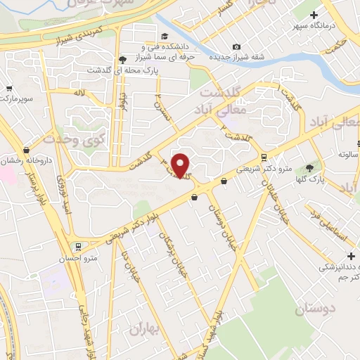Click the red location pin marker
(181, 165)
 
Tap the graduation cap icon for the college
(165, 37)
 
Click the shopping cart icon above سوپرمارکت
(9, 89)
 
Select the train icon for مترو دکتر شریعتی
(264, 157)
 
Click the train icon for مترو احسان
(79, 247)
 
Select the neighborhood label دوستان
(316, 309)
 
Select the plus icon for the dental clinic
(349, 257)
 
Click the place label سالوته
(349, 153)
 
